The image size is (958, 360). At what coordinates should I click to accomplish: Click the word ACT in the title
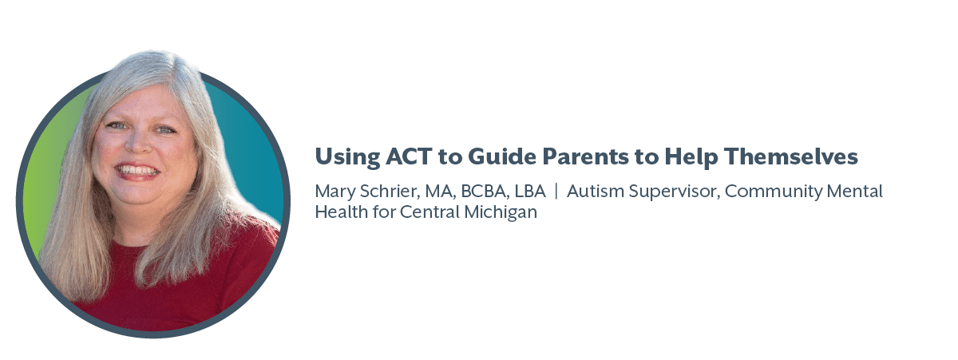coord(409,156)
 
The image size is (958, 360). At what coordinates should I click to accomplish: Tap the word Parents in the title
coord(585,156)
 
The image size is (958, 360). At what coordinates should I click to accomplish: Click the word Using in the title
coord(347,157)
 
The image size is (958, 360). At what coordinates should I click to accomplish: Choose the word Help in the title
coord(691,157)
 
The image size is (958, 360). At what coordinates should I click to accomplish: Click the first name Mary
coord(335,192)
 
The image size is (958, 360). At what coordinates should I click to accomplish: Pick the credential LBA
coord(530,191)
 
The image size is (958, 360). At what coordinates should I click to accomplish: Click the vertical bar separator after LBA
coord(556,191)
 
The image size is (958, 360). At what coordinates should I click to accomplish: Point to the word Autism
coord(596,191)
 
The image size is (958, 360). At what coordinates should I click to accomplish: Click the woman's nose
coord(139,141)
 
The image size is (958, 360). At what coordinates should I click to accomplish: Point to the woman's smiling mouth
coord(137,172)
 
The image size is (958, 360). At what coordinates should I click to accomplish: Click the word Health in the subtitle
coord(341,212)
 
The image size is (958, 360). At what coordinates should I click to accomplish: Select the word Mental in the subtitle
coord(854,191)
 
